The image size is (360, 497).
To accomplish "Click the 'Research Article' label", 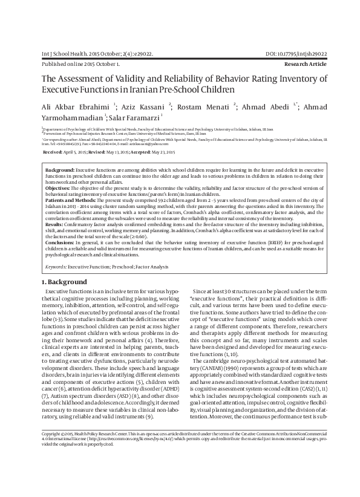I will [301, 63].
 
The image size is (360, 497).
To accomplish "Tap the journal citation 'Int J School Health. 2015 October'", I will [82, 53].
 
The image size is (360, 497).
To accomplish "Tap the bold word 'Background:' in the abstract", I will [61, 172].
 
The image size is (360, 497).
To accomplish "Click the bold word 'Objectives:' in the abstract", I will [59, 189].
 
